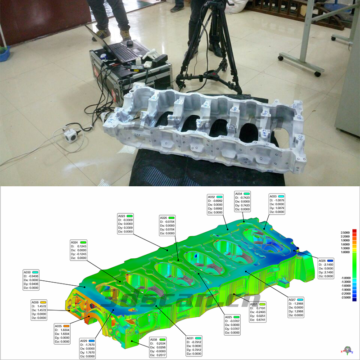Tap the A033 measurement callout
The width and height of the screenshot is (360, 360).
tap(277, 205)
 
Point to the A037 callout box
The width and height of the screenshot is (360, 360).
tap(259, 312)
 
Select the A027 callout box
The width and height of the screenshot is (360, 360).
tap(296, 307)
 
